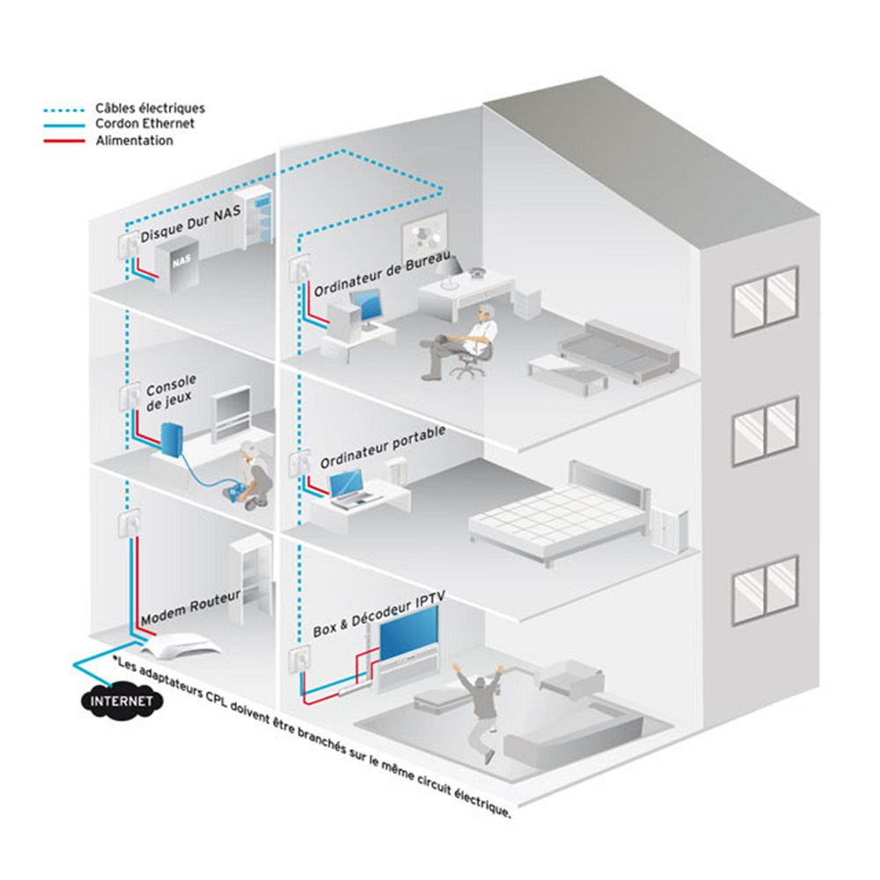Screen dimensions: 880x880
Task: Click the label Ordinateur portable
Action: tap(383, 447)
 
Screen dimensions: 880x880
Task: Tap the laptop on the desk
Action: tap(345, 487)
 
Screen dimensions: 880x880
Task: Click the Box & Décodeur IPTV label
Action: tap(379, 613)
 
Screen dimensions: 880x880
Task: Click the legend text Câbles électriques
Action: tap(150, 108)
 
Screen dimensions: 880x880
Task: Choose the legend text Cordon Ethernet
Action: tap(144, 124)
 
